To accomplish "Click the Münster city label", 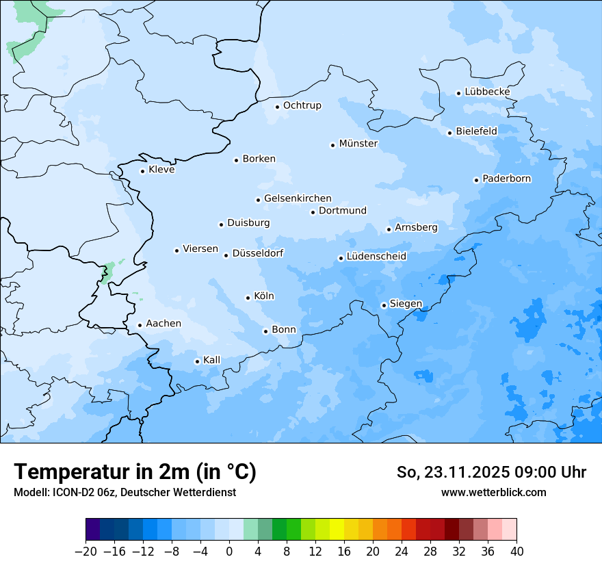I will point(358,144).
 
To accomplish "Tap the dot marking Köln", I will point(248,298).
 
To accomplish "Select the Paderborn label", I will point(506,179).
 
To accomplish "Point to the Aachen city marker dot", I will point(140,326).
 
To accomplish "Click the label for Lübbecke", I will point(487,92).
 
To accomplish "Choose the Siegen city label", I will point(406,304).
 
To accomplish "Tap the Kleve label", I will point(161,170).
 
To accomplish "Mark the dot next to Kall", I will point(197,361).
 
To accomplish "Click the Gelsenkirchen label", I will point(298,198).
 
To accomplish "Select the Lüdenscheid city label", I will point(376,257).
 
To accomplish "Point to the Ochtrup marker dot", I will point(277,106).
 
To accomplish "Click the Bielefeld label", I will point(476,131).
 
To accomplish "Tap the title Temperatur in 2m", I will point(135,472).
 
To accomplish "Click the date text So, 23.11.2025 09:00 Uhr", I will point(491,473).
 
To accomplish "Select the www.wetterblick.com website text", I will point(493,492).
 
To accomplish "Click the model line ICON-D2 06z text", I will point(125,492).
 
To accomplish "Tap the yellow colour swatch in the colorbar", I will point(337,530).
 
